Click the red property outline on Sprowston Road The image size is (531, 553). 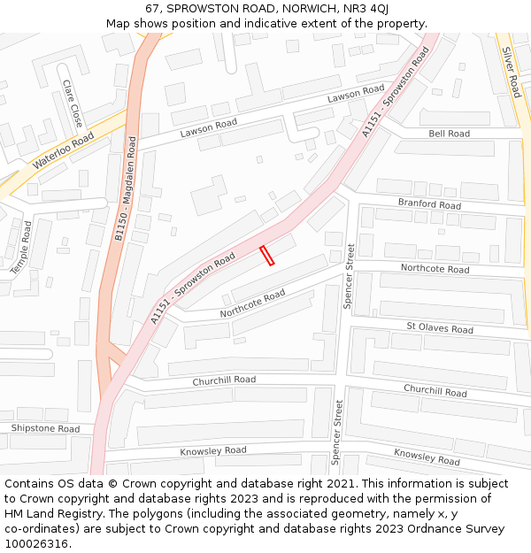point(266,256)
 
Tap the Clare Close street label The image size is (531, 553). point(72,102)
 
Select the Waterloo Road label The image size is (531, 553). point(63,151)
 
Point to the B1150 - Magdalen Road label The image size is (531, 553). point(126,188)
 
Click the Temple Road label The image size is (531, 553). point(20,246)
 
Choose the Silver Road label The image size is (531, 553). point(512,72)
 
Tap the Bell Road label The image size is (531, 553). point(449,134)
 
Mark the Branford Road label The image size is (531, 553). point(429,204)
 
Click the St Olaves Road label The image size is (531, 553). point(440,328)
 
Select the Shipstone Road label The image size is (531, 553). point(45,428)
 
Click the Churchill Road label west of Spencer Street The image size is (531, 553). point(224,380)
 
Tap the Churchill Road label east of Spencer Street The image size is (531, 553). point(435,390)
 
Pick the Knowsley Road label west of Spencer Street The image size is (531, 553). point(213,450)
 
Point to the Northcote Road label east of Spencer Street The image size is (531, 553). point(435,268)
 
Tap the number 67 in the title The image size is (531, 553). point(152,8)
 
